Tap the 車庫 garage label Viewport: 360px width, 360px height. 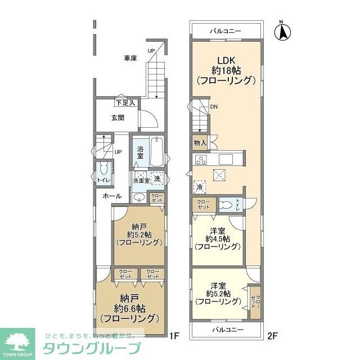(130, 58)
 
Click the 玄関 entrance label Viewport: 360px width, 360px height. (117, 118)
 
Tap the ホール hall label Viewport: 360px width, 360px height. (112, 196)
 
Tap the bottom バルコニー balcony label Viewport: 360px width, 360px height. (227, 329)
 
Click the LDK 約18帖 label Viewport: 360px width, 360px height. (226, 70)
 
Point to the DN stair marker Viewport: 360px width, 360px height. (214, 107)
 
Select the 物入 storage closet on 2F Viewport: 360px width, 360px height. (199, 143)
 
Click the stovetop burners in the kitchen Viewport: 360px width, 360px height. (201, 160)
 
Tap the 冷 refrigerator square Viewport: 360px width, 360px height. (200, 187)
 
